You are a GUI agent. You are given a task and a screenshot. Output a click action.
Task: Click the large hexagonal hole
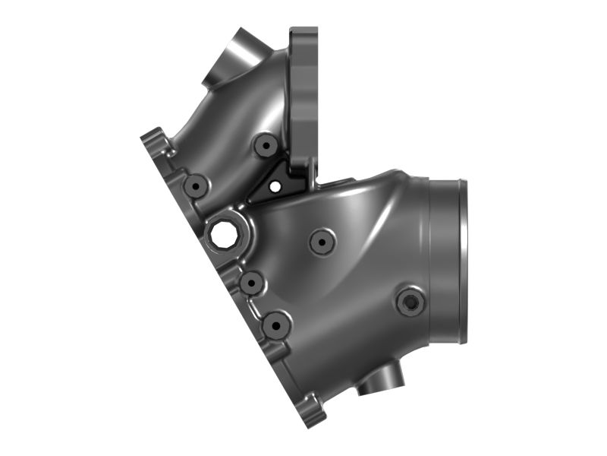coord(224,235)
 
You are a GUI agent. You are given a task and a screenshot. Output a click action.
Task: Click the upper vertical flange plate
coord(305,91)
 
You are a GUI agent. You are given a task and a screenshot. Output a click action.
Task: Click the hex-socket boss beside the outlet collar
coord(410,302)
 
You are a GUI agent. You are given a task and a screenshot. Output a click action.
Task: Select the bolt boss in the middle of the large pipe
coord(322,242)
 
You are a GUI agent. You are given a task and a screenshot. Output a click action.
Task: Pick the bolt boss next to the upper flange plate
coord(266,144)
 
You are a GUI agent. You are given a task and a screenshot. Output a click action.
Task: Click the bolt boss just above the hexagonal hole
coord(197,185)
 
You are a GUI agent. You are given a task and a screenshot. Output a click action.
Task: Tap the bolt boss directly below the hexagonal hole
coord(250,283)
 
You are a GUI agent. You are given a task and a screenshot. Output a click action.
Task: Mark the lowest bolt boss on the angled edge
coord(275,325)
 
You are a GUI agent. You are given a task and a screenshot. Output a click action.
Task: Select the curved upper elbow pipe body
coord(228,122)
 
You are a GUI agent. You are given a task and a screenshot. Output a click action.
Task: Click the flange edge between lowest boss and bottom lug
coord(292,372)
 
